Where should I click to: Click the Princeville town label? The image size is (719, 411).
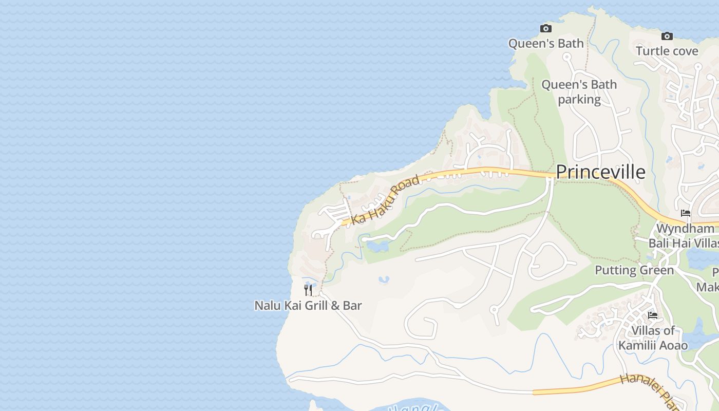pos(600,172)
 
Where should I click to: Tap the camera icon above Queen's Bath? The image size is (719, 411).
pos(545,29)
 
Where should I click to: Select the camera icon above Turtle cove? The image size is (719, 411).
pos(667,36)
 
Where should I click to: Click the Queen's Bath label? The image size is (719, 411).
pos(546,44)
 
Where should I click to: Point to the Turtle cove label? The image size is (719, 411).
pos(667,51)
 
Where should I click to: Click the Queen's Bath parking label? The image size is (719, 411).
pos(579,91)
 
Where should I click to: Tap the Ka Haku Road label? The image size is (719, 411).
pos(386,200)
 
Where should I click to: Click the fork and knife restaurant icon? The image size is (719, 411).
pos(308,290)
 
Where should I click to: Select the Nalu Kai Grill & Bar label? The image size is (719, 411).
pos(308,306)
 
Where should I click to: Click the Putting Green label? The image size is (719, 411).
pos(634,270)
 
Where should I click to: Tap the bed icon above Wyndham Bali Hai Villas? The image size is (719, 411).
pos(686,213)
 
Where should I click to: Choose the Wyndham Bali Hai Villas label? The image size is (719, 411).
pos(684,236)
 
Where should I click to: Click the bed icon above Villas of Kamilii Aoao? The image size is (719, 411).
pos(653,315)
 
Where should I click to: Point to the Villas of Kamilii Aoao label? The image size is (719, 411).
pos(653,338)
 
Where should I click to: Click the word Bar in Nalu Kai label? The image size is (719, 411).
pos(352,306)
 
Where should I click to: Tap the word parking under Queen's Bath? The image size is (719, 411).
pos(579,99)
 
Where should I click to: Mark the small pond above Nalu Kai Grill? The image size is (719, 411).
pos(384,280)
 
